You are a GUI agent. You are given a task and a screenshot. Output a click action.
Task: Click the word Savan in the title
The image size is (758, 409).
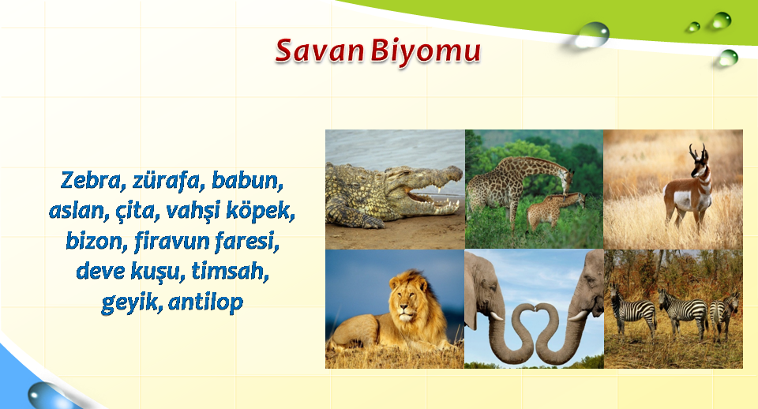[x=319, y=51]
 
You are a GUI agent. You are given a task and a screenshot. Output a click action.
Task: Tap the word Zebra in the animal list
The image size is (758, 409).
[x=90, y=181]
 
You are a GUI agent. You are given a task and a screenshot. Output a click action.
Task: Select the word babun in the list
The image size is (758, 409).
[x=247, y=181]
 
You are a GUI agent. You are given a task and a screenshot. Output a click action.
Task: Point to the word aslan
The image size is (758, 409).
[x=79, y=211]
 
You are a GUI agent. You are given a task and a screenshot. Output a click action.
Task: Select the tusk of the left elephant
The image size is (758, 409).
[x=497, y=316]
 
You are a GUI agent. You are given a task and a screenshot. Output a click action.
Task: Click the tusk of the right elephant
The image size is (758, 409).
[x=578, y=316]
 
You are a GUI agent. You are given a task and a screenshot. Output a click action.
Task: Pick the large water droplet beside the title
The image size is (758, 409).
[x=593, y=35]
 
